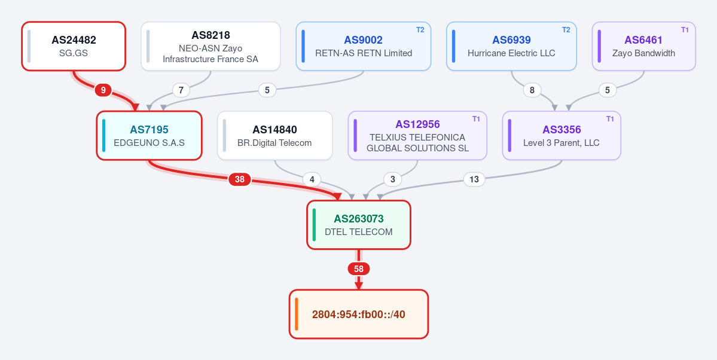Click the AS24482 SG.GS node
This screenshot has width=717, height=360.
[x=74, y=46]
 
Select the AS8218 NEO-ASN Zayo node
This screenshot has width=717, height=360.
[x=211, y=46]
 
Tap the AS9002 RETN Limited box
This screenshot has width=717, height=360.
[x=364, y=46]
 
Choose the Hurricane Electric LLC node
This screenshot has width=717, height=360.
[x=511, y=46]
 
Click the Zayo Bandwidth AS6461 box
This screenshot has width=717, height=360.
[x=644, y=46]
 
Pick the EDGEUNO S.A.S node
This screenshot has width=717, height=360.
[x=149, y=135]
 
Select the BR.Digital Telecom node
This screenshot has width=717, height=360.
[x=275, y=135]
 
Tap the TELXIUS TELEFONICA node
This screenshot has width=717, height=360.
[x=417, y=135]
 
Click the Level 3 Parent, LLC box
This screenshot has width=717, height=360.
[x=562, y=135]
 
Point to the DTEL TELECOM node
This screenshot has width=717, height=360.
[x=359, y=225]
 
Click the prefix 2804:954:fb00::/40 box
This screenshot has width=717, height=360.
[x=359, y=315]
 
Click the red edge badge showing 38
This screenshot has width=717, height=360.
[x=240, y=179]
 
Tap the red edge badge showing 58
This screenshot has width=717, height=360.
[x=359, y=269]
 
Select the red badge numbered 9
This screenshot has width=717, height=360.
[x=103, y=90]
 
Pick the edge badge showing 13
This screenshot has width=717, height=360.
[x=474, y=179]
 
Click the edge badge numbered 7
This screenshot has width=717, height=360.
[x=181, y=90]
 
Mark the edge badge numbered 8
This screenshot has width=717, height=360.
[x=532, y=90]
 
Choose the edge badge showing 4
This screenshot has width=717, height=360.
[x=312, y=179]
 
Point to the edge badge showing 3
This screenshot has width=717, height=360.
[x=392, y=179]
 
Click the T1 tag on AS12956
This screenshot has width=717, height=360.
[x=476, y=119]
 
